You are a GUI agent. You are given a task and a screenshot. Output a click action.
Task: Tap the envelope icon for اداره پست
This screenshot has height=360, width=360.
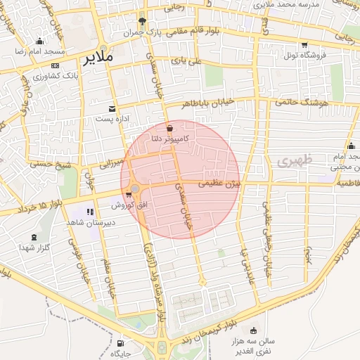112,108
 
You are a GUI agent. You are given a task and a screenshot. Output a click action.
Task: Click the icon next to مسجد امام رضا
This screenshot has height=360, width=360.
39,41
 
